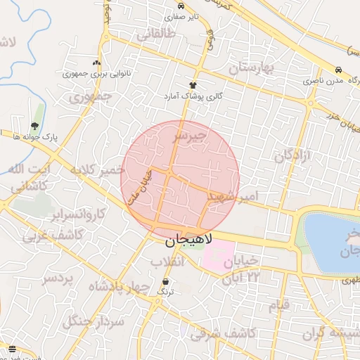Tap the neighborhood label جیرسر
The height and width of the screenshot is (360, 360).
(191, 134)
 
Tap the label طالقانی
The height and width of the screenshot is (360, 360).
(157, 34)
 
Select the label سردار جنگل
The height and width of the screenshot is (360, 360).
(93, 321)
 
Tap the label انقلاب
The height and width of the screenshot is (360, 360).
(167, 262)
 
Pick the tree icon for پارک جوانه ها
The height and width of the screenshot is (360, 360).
(34, 126)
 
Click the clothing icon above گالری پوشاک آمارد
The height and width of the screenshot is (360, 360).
(193, 85)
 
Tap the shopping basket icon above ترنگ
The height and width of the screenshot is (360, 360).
(165, 281)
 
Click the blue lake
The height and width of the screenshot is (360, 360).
(330, 243)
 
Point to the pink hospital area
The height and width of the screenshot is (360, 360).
(219, 256)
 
